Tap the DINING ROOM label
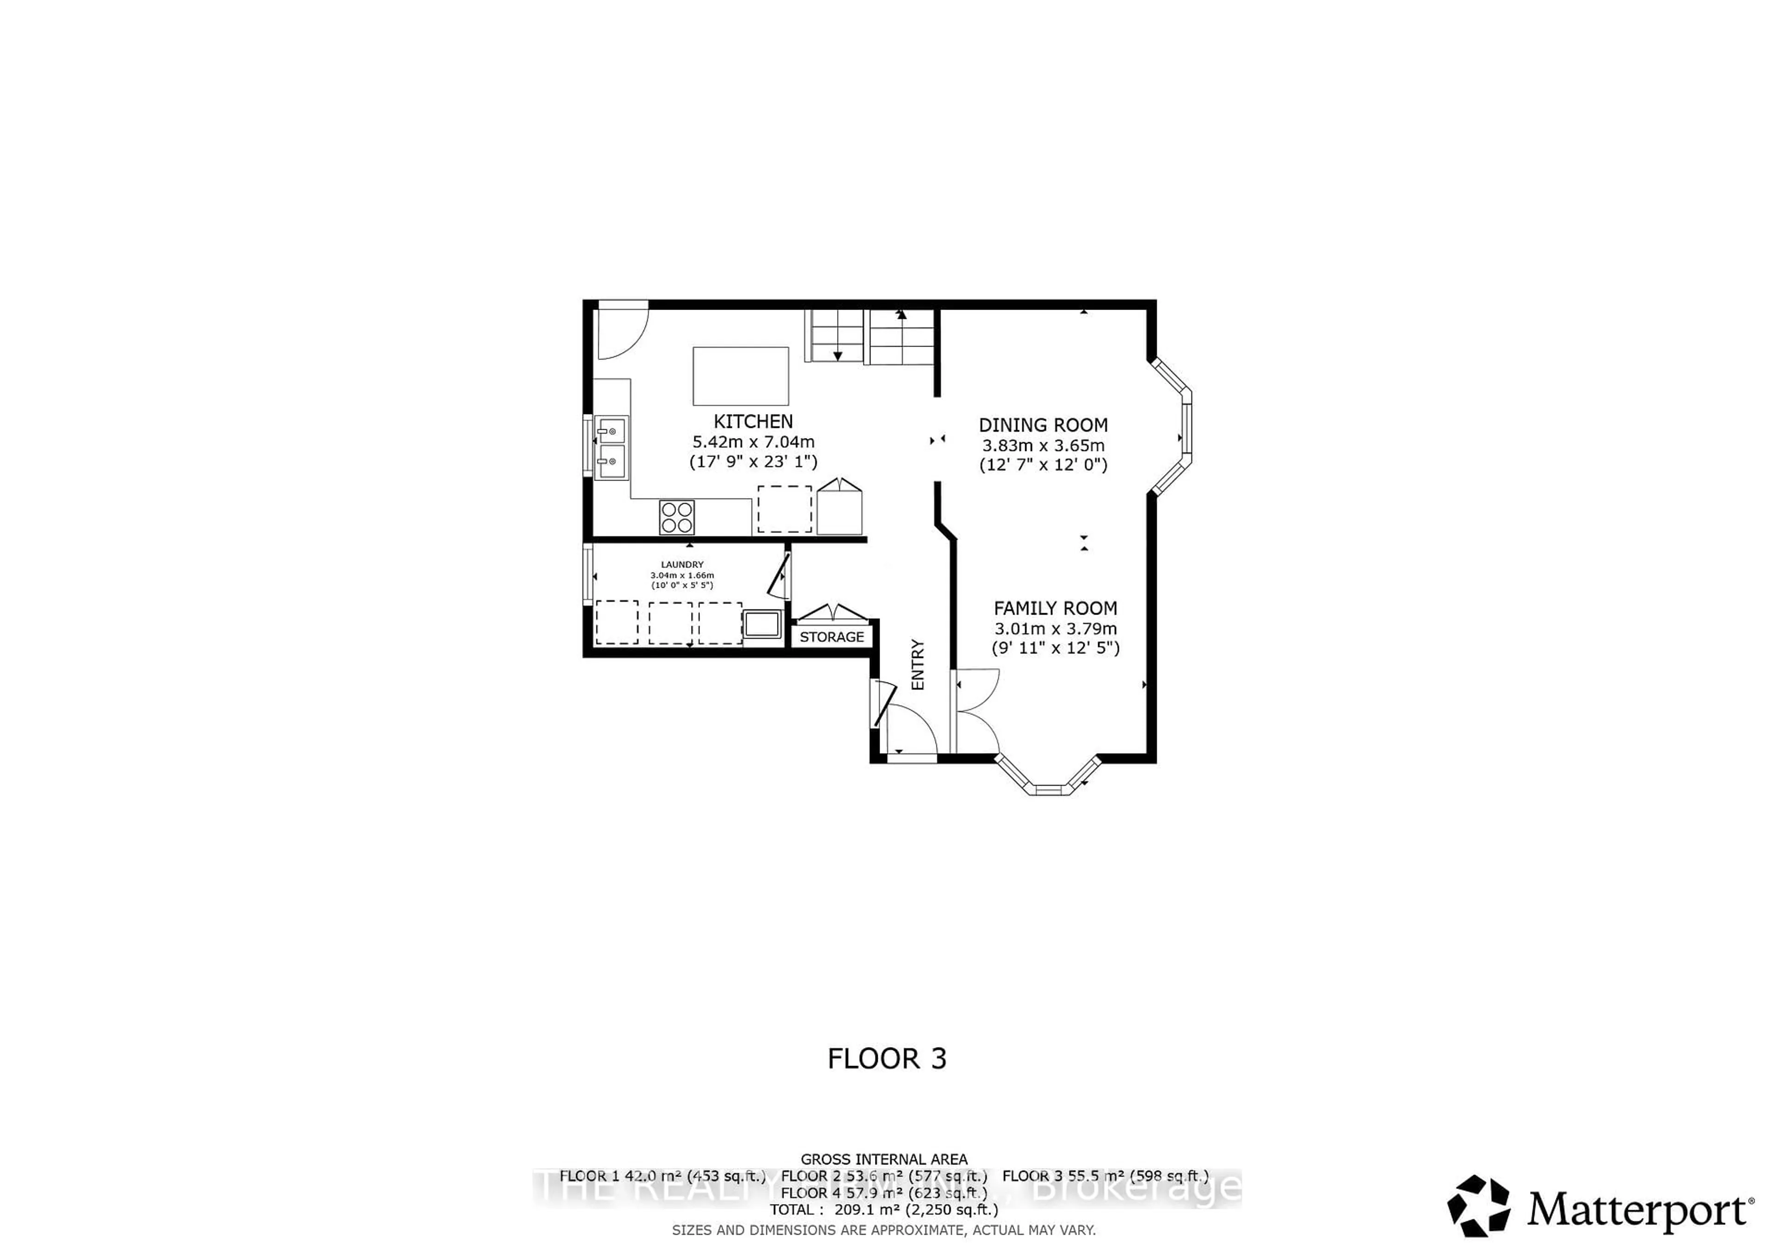point(1043,425)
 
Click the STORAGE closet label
point(832,637)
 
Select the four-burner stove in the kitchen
point(677,517)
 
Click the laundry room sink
point(762,624)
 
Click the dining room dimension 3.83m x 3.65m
point(1043,446)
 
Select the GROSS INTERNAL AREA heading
point(884,1159)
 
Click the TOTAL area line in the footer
point(884,1209)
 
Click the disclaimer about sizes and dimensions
point(884,1230)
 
